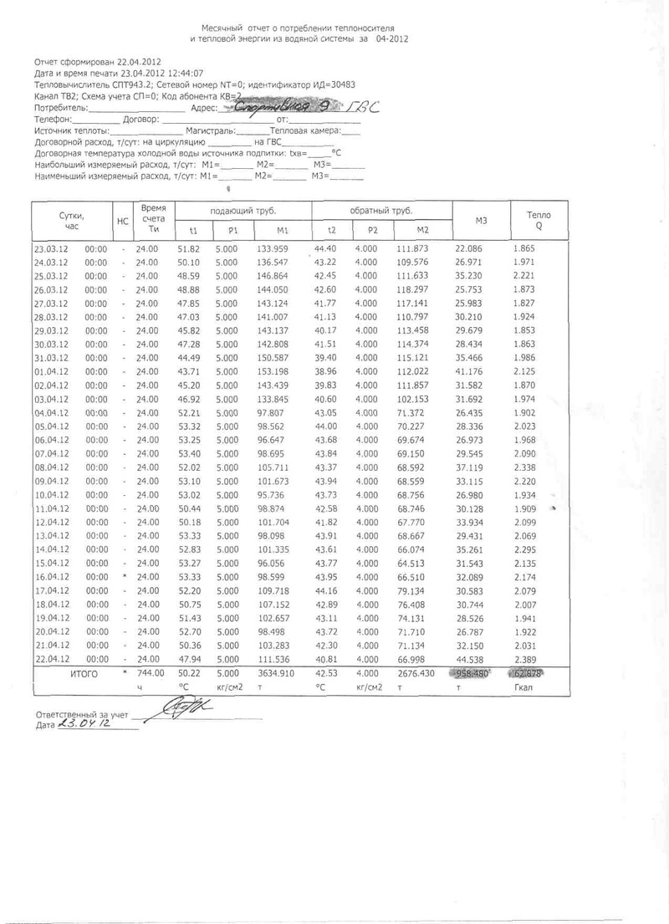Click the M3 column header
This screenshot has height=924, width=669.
[x=480, y=220]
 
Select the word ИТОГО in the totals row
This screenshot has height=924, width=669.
[x=84, y=672]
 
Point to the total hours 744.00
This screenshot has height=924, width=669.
[x=148, y=672]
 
